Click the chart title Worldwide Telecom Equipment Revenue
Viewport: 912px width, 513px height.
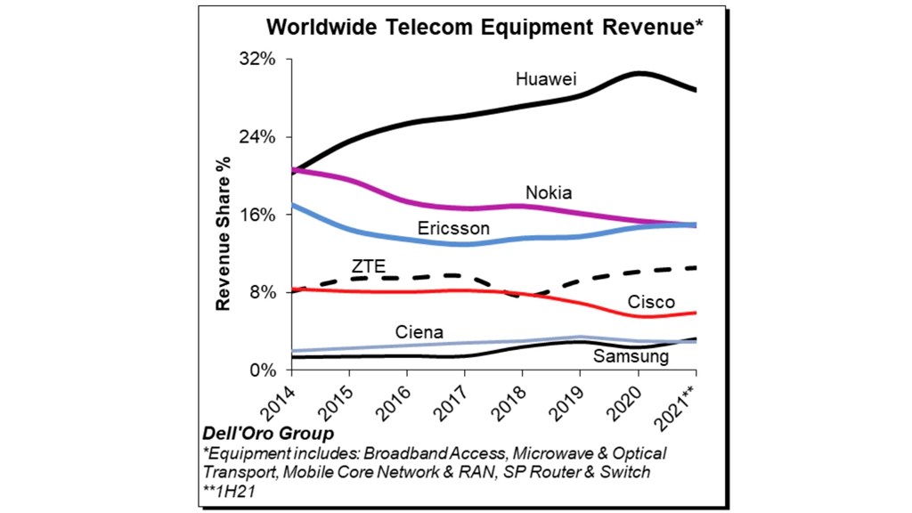pyautogui.click(x=484, y=26)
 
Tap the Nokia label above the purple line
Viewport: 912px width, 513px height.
pyautogui.click(x=549, y=192)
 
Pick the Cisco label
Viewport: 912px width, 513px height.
pyautogui.click(x=651, y=302)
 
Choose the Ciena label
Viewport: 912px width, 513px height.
pyautogui.click(x=419, y=333)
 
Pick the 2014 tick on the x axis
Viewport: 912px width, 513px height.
pyautogui.click(x=280, y=403)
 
